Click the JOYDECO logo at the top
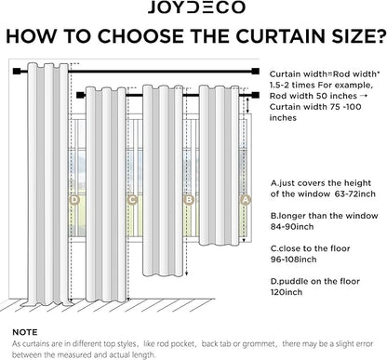point(196,7)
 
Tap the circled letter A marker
point(245,200)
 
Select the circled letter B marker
point(189,200)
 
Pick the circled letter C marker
point(132,200)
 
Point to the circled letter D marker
point(74,200)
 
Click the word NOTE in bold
point(25,332)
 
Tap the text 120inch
point(287,292)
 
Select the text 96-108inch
point(293,260)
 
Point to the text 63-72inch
point(355,194)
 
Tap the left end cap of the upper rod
point(17,72)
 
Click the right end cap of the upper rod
point(256,72)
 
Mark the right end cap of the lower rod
point(256,95)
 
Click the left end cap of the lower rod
point(80,95)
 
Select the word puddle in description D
point(291,282)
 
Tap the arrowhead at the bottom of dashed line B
point(186,273)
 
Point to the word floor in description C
point(340,248)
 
